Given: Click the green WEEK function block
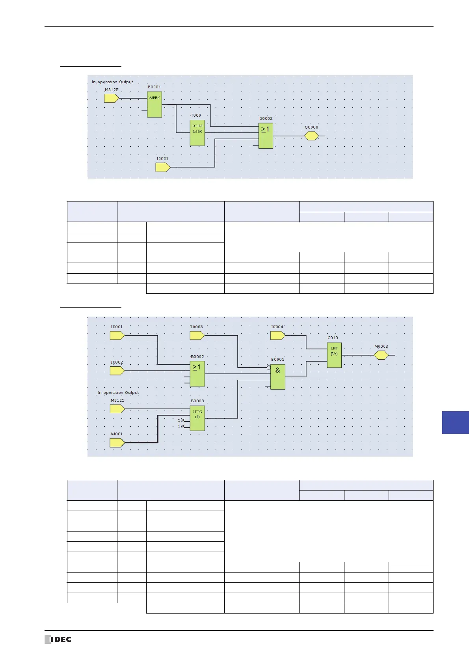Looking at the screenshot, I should [154, 105].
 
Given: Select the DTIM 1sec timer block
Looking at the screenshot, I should [197, 133].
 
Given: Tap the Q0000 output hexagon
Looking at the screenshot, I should [311, 136].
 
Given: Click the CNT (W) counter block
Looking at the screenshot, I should [334, 355].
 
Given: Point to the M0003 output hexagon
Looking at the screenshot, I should [381, 355].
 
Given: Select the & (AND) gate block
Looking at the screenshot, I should [277, 377].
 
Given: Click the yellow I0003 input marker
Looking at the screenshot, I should [197, 336].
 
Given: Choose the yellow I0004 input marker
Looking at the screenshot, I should [277, 336].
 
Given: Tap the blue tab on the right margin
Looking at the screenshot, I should [455, 422].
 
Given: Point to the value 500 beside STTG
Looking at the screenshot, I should [181, 420].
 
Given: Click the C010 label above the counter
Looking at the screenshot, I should [333, 338].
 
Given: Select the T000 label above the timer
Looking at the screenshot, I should [196, 116].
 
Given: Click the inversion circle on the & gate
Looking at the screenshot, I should [268, 367].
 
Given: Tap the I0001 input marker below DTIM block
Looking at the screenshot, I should [163, 168].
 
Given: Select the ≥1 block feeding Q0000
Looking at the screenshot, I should [266, 136].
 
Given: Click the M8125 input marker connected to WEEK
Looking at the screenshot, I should [111, 98].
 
